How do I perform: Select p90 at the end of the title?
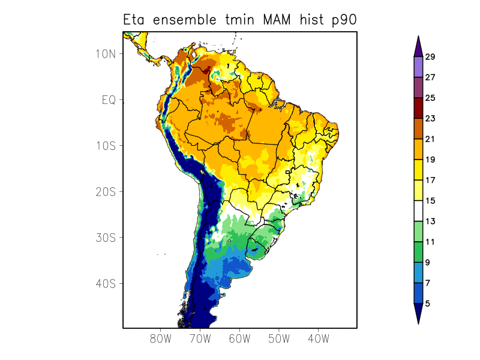344,20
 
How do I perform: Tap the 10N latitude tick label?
106,53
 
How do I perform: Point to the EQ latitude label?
108,100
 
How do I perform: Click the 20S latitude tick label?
106,191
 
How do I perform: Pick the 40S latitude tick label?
106,283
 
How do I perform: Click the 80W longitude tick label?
161,339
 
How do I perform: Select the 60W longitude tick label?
239,339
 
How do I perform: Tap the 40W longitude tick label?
318,339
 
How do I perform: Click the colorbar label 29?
430,57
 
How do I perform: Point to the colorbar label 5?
427,304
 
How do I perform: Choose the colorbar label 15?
430,201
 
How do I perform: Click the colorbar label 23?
430,119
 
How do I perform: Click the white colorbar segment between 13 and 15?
418,211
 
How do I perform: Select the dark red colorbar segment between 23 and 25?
418,109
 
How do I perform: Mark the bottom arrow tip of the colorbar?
418,323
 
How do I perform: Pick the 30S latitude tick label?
106,238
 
